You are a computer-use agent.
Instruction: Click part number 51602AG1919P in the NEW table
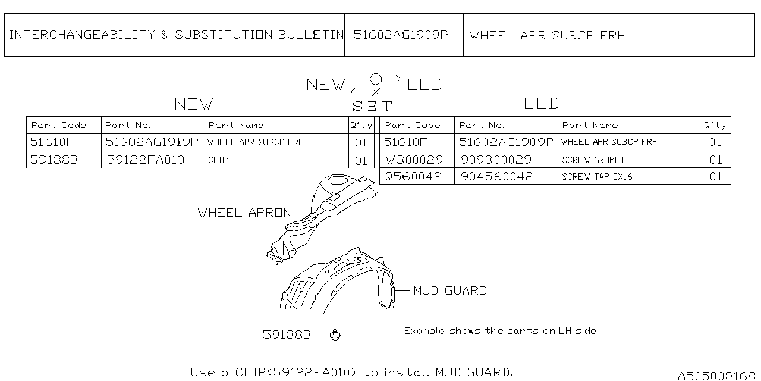tap(152, 142)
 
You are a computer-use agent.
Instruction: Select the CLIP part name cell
tap(218, 160)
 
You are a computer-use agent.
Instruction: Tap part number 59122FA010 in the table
tap(146, 160)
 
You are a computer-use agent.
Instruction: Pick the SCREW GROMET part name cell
tap(593, 160)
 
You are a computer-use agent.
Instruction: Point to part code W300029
tap(414, 160)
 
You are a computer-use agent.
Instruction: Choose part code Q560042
tap(414, 177)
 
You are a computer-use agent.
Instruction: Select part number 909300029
tap(496, 160)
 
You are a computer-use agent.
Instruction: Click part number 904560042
tap(496, 177)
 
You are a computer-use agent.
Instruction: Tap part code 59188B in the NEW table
tap(54, 160)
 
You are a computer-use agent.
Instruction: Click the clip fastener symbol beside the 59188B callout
tap(336, 336)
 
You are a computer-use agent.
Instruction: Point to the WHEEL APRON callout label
tap(244, 213)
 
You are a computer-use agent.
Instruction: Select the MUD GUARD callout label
tap(450, 291)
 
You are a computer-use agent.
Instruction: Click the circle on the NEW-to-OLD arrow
tap(376, 79)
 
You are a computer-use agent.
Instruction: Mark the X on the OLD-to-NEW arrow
tap(376, 92)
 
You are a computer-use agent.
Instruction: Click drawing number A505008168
tap(716, 376)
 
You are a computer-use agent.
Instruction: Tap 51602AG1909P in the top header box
tap(401, 35)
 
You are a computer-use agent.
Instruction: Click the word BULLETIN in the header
tap(312, 35)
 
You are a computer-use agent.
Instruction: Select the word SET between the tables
tap(373, 107)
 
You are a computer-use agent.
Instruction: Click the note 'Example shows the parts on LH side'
tap(499, 331)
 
